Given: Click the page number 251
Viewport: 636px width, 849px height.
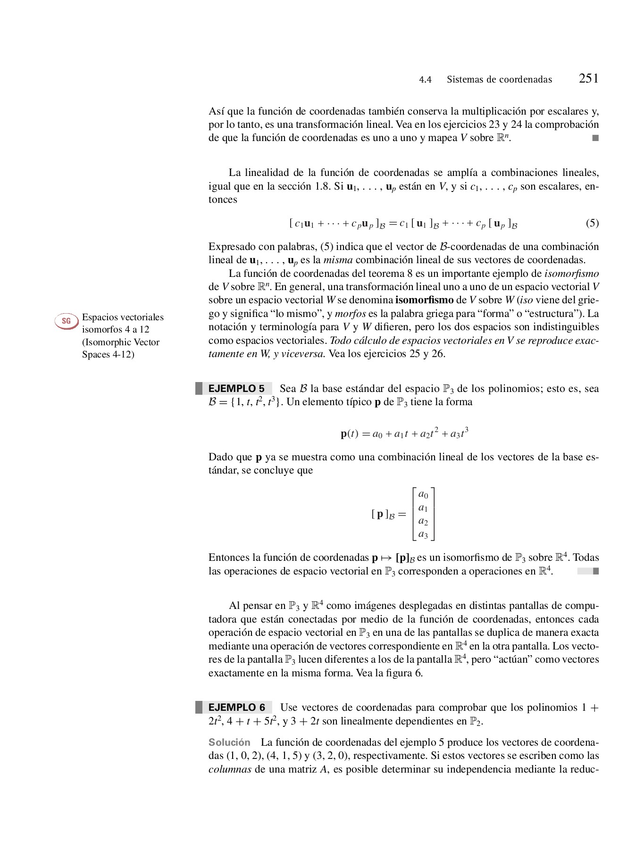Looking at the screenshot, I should point(588,78).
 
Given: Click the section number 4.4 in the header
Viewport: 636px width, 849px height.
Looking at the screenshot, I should point(425,80).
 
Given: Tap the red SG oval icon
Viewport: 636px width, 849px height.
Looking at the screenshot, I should point(66,321).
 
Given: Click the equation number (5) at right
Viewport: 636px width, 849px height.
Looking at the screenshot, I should point(592,223).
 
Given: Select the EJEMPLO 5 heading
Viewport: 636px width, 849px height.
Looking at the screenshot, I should point(236,389).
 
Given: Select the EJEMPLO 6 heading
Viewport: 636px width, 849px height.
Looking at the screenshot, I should point(236,707).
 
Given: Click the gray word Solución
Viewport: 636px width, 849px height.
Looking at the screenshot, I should point(229,742).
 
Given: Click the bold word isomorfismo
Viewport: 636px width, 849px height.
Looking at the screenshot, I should point(424,300).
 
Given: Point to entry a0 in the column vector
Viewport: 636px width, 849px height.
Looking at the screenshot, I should point(423,495).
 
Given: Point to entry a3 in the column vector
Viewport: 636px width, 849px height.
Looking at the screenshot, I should point(423,534).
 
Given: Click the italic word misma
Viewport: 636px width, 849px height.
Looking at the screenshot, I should point(338,260).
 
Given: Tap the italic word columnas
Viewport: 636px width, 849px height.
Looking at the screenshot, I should point(230,769).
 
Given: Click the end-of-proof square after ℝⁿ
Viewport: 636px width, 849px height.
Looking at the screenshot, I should point(595,138).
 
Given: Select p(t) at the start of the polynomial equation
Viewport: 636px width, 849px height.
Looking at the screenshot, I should point(349,434).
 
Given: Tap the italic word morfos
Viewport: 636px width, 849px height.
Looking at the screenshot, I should point(350,314).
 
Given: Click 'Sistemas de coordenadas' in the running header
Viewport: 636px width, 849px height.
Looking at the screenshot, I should point(499,80).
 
